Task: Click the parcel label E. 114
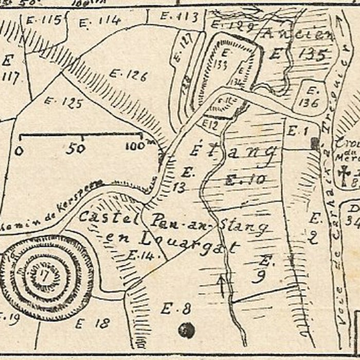101,21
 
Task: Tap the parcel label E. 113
179,16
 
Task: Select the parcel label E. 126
128,76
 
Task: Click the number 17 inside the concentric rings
43,276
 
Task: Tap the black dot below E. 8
186,330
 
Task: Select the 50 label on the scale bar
75,149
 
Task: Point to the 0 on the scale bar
20,151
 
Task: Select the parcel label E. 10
245,180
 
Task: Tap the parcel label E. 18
93,323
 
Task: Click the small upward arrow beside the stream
222,285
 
